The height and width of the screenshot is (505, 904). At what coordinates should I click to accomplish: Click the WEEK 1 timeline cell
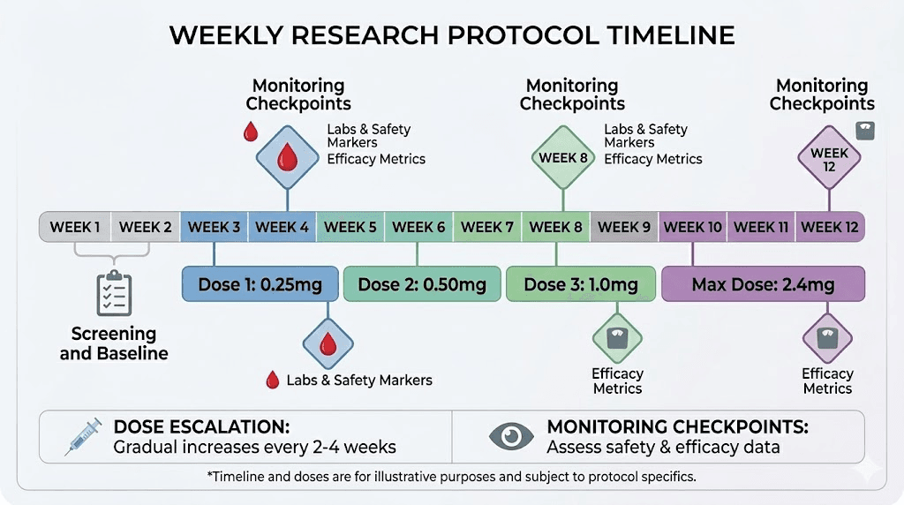75,227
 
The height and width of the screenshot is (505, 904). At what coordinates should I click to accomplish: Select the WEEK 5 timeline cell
350,227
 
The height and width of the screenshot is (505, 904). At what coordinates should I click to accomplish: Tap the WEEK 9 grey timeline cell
624,227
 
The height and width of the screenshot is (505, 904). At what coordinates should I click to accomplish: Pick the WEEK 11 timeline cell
761,227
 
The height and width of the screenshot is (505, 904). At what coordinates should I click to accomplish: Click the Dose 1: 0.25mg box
260,284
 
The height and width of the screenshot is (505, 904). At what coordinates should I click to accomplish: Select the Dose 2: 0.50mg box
422,284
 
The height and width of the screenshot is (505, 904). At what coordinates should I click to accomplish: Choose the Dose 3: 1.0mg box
580,284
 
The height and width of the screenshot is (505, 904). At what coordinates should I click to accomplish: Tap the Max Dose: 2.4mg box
763,284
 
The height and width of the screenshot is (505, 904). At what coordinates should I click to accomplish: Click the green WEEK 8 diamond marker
563,158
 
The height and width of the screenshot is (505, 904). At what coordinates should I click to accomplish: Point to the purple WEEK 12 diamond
829,158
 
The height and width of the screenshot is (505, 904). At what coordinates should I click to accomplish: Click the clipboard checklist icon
114,294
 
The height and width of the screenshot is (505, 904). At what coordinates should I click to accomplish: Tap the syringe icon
84,435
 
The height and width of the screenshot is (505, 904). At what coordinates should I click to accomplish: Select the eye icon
511,436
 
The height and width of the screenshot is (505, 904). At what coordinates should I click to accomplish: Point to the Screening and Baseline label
114,343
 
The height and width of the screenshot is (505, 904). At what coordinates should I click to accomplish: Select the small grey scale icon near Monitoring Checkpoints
865,130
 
